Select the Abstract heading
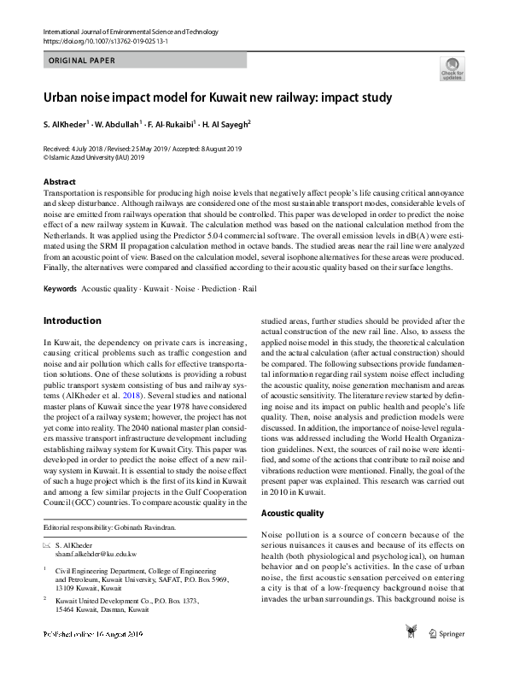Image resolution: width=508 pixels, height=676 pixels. pyautogui.click(x=61, y=182)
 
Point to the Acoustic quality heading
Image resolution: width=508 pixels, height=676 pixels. pyautogui.click(x=292, y=513)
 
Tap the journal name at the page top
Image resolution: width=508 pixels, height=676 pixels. pyautogui.click(x=119, y=31)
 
